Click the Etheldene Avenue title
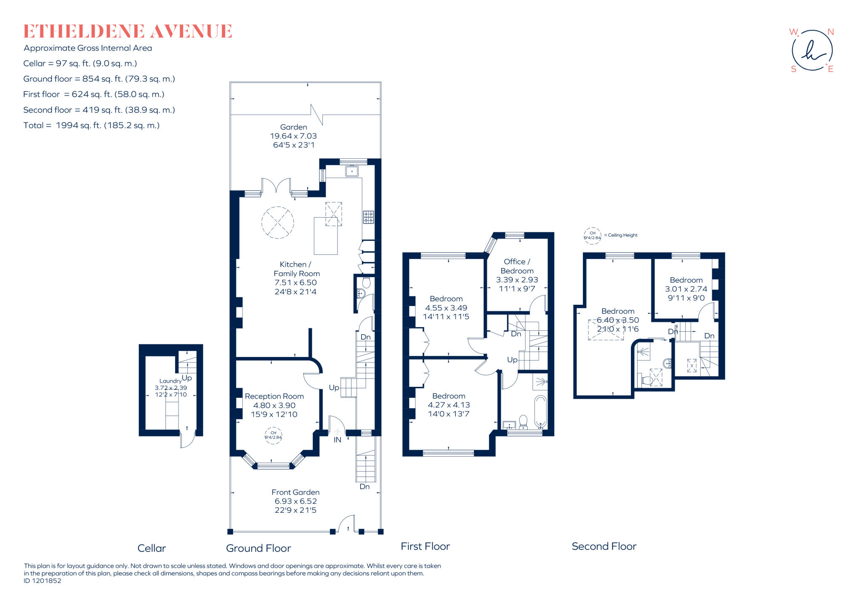pyautogui.click(x=128, y=32)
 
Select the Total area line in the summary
pyautogui.click(x=91, y=125)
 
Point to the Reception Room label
pyautogui.click(x=274, y=397)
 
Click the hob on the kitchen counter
pyautogui.click(x=368, y=217)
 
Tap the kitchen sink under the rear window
pyautogui.click(x=351, y=171)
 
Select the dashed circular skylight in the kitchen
pyautogui.click(x=277, y=222)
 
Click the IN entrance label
pyautogui.click(x=338, y=440)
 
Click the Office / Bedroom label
pyautogui.click(x=517, y=266)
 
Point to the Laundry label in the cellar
pyautogui.click(x=170, y=381)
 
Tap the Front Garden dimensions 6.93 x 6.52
pyautogui.click(x=295, y=501)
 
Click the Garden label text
pyautogui.click(x=293, y=127)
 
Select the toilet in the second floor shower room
pyautogui.click(x=647, y=381)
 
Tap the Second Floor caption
pyautogui.click(x=604, y=546)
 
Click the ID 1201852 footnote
pyautogui.click(x=43, y=581)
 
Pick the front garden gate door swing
pyautogui.click(x=346, y=523)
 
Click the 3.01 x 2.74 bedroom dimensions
pyautogui.click(x=686, y=289)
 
